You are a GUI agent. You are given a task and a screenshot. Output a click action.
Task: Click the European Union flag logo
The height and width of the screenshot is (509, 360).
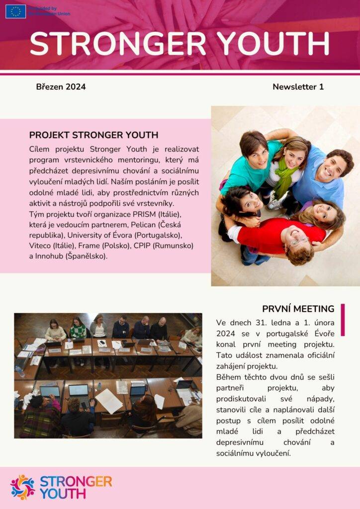tap(15, 11)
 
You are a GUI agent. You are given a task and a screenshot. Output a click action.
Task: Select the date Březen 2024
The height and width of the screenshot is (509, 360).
tap(61, 87)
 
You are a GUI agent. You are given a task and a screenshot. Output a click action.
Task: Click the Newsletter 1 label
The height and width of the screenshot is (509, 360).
tap(298, 87)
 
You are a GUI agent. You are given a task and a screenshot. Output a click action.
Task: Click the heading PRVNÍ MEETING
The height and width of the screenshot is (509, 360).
tap(298, 309)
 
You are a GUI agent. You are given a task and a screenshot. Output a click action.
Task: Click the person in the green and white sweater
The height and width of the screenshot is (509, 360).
tap(78, 329)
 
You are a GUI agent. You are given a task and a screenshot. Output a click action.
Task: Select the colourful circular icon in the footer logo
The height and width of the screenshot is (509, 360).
tap(22, 487)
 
